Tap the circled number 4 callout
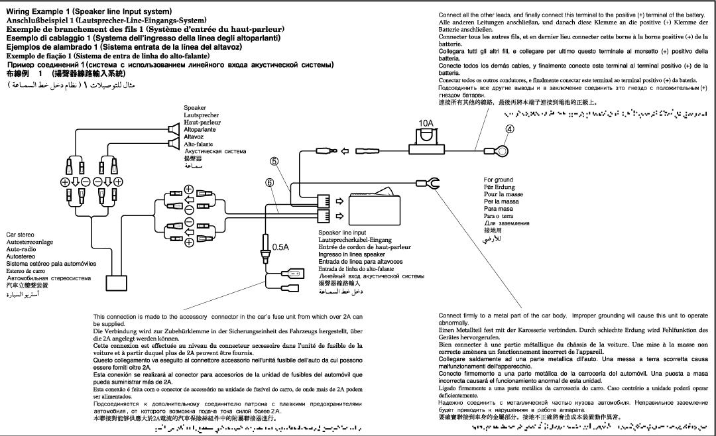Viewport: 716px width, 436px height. pos(509,130)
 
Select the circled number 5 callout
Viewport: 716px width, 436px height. pos(274,161)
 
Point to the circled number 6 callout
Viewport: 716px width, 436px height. pos(269,182)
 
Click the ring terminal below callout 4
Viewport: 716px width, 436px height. pos(503,151)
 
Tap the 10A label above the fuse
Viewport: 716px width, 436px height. pos(426,123)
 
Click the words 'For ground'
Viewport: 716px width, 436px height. pos(498,180)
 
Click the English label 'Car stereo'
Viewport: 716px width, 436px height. pos(22,235)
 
